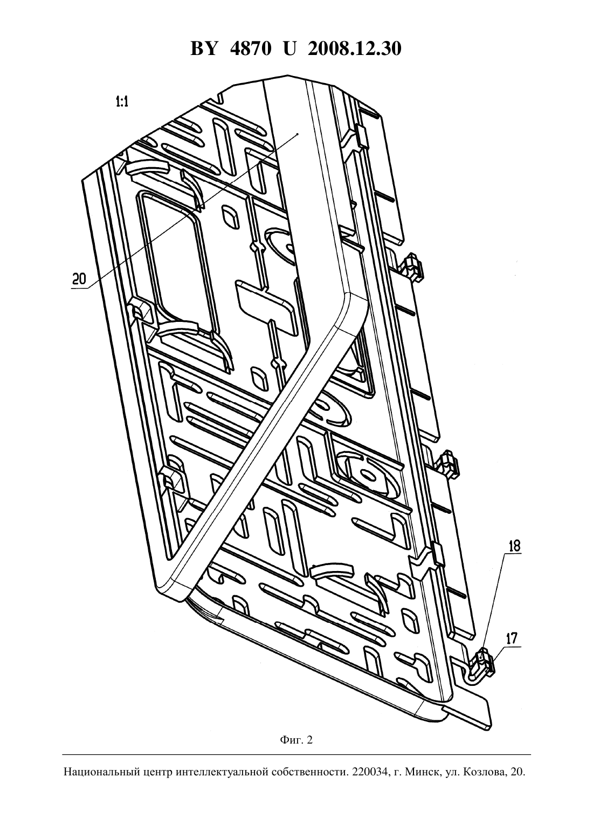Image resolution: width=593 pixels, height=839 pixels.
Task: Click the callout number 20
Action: point(79,279)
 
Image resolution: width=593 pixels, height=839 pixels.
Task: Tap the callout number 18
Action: point(514,546)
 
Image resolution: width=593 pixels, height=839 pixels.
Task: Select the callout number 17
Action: point(512,638)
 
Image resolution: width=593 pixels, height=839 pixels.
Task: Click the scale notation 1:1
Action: point(122,101)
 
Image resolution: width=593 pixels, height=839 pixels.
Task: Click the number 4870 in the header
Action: point(251,49)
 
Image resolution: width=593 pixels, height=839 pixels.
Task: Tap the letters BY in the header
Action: point(204,49)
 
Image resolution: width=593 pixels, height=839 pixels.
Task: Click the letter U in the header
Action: point(289,49)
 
